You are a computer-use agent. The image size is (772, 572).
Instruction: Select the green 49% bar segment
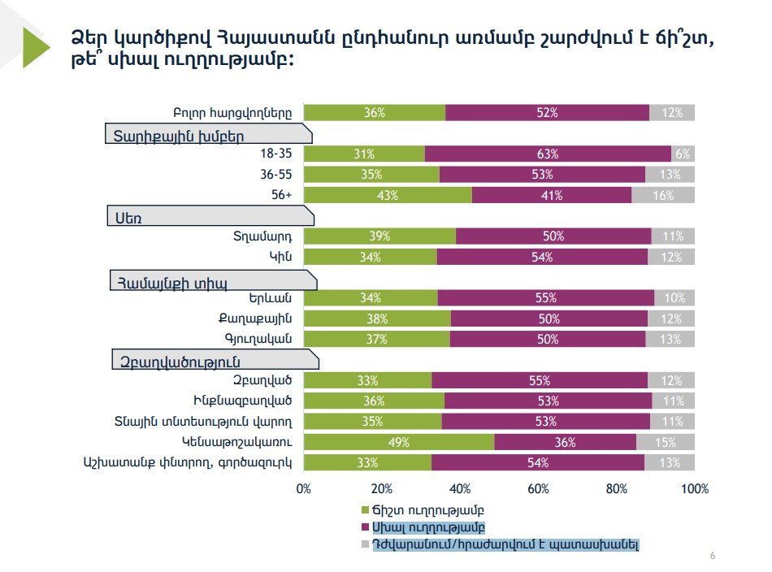pyautogui.click(x=399, y=442)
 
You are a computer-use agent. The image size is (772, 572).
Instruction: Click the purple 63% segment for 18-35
pyautogui.click(x=548, y=154)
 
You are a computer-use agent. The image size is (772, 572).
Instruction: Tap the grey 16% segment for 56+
pyautogui.click(x=663, y=195)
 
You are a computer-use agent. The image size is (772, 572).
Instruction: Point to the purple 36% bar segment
pyautogui.click(x=565, y=442)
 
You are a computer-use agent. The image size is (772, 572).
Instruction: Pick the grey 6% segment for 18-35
pyautogui.click(x=683, y=154)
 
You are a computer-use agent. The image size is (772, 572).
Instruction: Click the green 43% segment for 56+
pyautogui.click(x=388, y=195)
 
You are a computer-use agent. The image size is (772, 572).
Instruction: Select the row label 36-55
pyautogui.click(x=275, y=175)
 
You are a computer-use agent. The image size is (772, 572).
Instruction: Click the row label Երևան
pyautogui.click(x=272, y=298)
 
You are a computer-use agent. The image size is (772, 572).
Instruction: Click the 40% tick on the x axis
pyautogui.click(x=460, y=489)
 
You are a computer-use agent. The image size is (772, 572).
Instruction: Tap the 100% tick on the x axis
pyautogui.click(x=695, y=489)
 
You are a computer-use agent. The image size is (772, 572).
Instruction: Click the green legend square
pyautogui.click(x=365, y=511)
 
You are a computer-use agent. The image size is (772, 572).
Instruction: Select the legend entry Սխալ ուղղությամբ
pyautogui.click(x=427, y=528)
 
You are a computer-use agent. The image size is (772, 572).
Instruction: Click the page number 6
pyautogui.click(x=713, y=556)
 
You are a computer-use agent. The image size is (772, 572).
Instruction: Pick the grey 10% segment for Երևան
pyautogui.click(x=674, y=298)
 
